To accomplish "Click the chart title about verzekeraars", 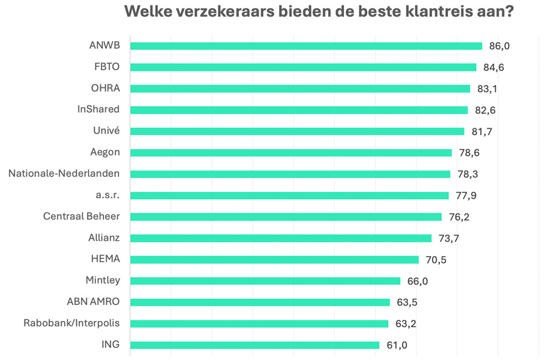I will coord(318,12).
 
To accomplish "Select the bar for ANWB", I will coord(306,46).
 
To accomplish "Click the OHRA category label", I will coord(105,88).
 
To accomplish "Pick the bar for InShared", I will coord(299,110).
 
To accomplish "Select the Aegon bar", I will coord(291,153).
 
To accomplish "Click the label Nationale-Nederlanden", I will coord(64,174).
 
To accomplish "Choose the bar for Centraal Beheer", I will coord(285,217).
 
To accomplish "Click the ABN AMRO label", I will coord(93,302).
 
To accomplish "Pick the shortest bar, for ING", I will coord(255,345).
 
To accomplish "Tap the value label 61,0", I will coord(397,345).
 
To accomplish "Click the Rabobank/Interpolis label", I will coord(71,323).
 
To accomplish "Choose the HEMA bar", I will coord(274,260).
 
